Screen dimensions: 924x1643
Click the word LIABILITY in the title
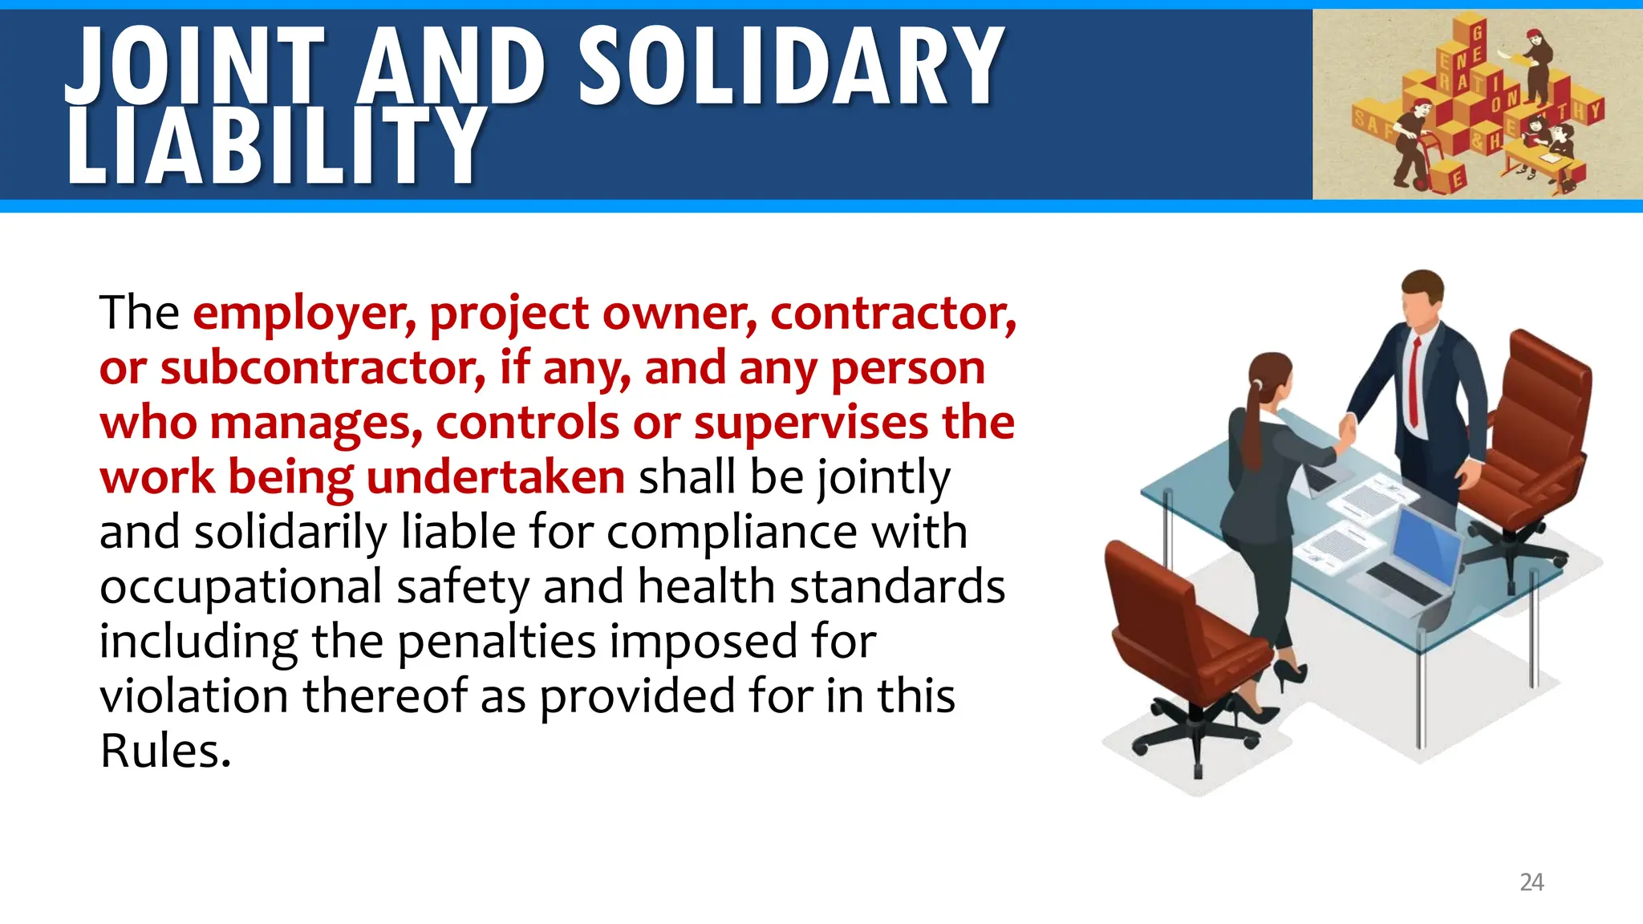276,146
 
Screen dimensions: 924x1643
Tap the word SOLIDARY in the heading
790,67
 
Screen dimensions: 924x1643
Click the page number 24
1531,882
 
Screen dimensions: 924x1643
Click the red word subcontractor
323,368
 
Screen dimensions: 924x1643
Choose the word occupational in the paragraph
241,587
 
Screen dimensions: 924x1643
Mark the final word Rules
165,752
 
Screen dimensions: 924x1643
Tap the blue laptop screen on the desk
1428,545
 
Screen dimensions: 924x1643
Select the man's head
1422,297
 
